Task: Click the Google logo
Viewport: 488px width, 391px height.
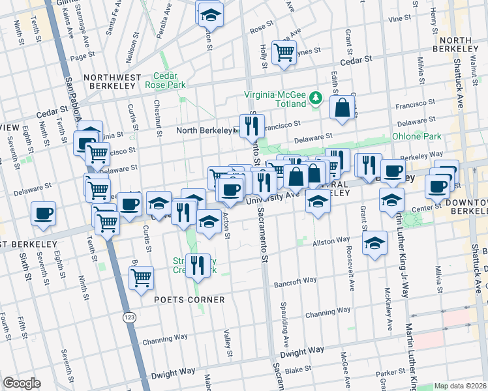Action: coord(21,383)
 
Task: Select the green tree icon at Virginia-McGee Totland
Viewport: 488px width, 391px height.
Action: coord(316,97)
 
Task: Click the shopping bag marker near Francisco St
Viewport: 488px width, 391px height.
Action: coord(343,108)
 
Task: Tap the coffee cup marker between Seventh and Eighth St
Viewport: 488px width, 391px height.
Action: coord(43,213)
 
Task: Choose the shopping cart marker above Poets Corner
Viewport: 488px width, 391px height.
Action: coord(141,278)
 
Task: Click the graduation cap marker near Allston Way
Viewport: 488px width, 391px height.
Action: coord(374,243)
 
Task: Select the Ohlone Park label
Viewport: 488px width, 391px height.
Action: coord(416,137)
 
